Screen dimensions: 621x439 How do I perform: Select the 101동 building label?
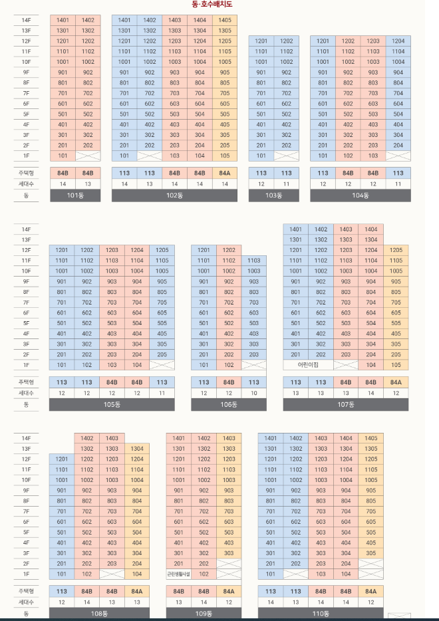pos(75,195)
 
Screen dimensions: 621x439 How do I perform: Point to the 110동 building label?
pos(321,613)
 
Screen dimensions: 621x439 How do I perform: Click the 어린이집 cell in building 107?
pos(308,365)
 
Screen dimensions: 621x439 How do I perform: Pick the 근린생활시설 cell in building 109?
pos(178,574)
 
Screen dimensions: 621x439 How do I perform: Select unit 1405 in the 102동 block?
pos(225,21)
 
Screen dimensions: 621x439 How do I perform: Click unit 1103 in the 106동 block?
pos(253,261)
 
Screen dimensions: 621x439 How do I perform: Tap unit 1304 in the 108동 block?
pos(136,449)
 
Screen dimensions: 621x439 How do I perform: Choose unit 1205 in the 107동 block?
pos(396,250)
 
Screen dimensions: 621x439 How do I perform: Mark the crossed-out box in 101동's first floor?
pos(88,156)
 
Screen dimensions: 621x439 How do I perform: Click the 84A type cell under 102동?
pos(225,173)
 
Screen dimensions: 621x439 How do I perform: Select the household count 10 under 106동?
pos(253,393)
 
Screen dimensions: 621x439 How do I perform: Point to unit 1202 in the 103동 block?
pos(286,41)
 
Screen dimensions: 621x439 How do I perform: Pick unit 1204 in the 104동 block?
pos(398,41)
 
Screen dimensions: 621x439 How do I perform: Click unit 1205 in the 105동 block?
pos(162,250)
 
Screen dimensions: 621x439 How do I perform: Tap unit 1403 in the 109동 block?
pos(228,438)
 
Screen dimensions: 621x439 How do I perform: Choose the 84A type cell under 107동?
pos(396,382)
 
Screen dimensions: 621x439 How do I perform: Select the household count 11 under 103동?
pos(286,184)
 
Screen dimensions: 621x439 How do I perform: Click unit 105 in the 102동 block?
pos(225,156)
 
